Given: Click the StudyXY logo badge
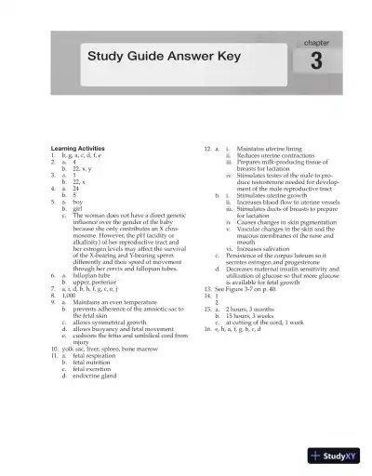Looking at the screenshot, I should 340,456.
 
